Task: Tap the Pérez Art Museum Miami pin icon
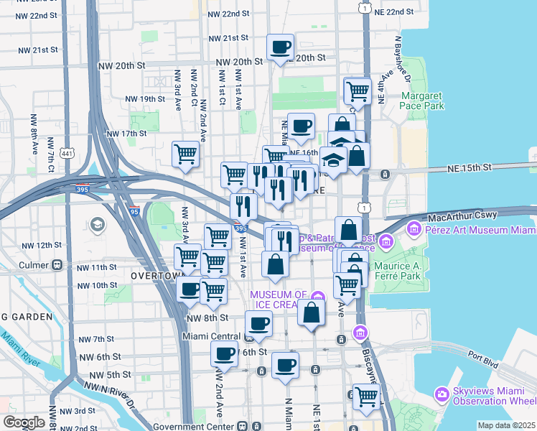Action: click(x=414, y=230)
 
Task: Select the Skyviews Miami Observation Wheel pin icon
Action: click(x=442, y=394)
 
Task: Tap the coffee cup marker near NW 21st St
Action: click(x=280, y=47)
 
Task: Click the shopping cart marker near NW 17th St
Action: click(x=186, y=153)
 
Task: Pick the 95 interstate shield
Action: click(x=135, y=212)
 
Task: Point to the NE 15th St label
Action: click(x=467, y=167)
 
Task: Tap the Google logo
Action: click(x=24, y=422)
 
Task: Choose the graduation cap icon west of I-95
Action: click(x=96, y=226)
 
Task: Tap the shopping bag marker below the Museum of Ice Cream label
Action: click(x=311, y=313)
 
